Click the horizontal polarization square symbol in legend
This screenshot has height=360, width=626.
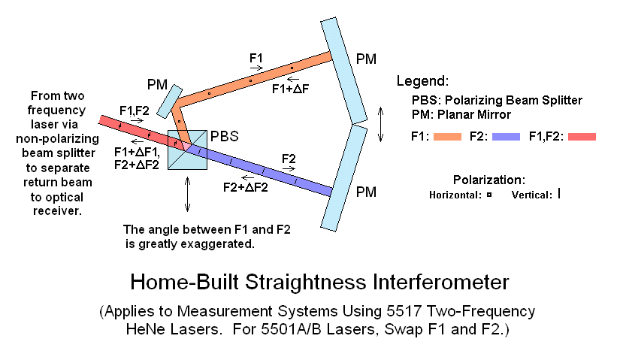(x=489, y=194)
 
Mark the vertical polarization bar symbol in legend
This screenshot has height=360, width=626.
(x=558, y=193)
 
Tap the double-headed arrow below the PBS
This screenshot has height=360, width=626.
(x=186, y=195)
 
